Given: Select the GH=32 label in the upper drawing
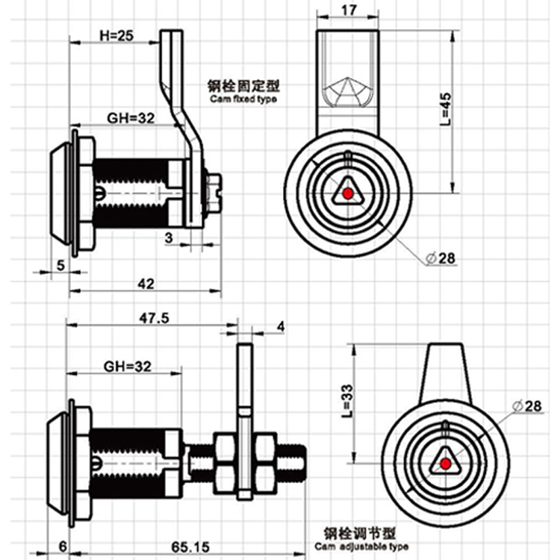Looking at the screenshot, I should click(128, 117).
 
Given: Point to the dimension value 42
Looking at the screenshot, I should click(146, 283).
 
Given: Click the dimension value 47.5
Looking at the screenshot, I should click(155, 317).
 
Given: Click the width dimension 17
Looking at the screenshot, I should click(347, 11).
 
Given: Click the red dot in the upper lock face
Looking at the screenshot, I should click(346, 194).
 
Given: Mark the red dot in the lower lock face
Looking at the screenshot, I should click(446, 465).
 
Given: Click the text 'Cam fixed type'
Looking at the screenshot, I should click(242, 99).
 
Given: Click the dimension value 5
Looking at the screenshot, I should click(60, 265).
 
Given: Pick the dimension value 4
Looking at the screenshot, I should click(280, 326).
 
